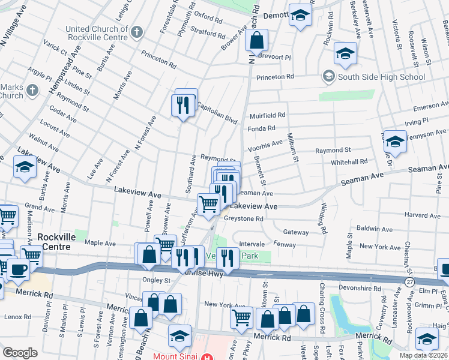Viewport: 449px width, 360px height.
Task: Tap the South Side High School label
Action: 381,77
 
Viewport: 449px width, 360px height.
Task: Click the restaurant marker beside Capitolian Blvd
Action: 185,106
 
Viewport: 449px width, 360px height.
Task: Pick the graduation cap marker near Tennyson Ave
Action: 394,142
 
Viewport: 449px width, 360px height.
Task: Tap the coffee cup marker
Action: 18,269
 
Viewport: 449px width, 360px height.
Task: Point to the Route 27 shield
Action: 409,281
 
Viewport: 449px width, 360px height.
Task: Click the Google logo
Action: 20,353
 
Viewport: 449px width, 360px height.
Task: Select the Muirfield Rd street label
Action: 267,115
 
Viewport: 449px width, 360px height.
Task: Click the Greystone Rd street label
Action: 244,219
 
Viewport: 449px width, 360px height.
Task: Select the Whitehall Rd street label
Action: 349,162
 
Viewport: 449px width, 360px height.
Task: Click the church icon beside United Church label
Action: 137,32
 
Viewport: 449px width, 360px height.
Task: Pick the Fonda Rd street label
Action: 261,128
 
